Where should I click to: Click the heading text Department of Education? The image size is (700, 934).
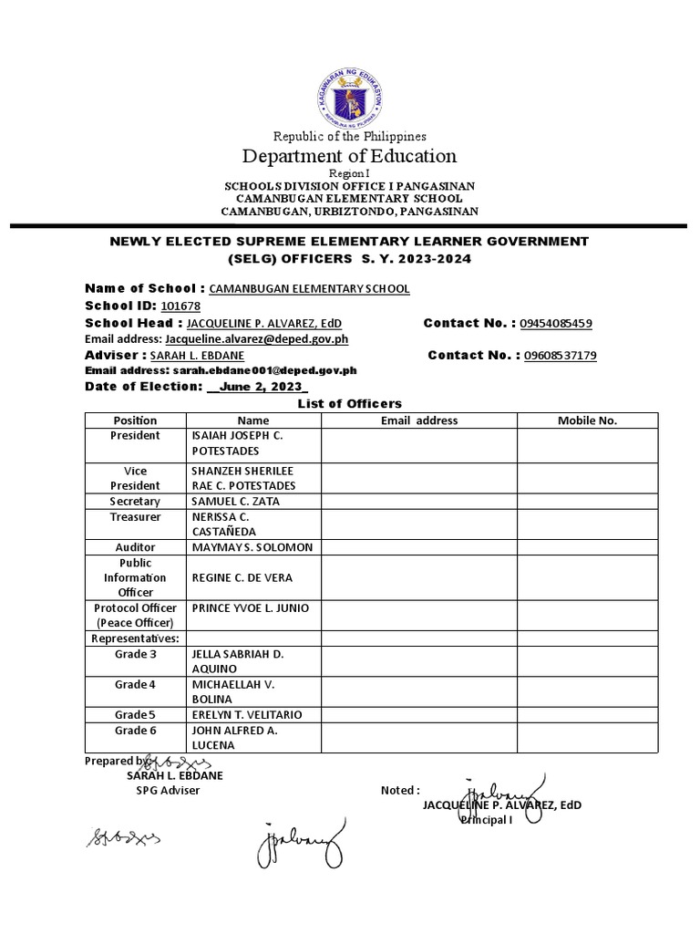pos(349,156)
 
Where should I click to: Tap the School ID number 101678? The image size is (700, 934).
pos(180,306)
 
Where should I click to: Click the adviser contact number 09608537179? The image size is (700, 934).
pos(560,356)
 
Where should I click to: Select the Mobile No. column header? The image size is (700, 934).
pos(587,420)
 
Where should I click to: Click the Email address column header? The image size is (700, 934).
pos(419,420)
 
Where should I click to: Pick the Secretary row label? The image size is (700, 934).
pos(135,502)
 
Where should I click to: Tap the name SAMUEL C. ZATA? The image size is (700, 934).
pos(236,502)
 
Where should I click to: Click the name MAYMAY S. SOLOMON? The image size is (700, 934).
pos(252,547)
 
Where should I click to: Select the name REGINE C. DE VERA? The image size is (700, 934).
pos(242,578)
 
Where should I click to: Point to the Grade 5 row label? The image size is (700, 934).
pos(135,714)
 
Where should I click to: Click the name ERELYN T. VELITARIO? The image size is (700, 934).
pos(247,714)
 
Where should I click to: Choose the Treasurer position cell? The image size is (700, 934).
pos(135,517)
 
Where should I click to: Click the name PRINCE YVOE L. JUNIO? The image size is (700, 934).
pos(251,608)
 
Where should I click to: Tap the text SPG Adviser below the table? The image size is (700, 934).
pos(168,791)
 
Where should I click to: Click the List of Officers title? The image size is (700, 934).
pos(350,403)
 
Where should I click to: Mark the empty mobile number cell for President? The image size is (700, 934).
pos(587,444)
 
